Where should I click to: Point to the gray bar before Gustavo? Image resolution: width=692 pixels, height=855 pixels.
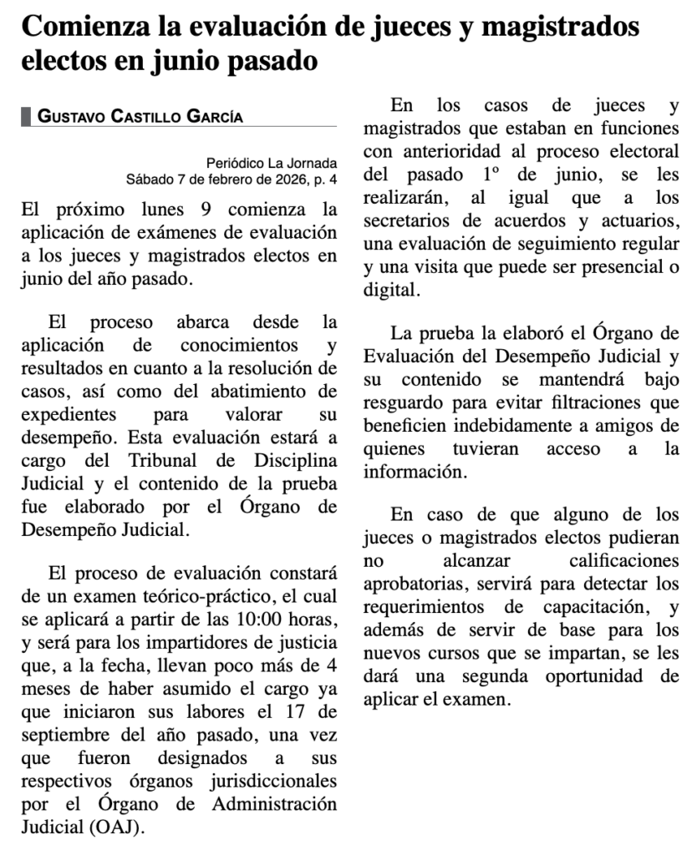click(25, 117)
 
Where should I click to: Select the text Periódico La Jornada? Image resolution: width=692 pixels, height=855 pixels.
click(272, 163)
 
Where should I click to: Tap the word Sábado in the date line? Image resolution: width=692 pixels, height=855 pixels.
click(147, 179)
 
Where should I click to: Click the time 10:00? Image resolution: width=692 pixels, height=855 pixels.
click(259, 621)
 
